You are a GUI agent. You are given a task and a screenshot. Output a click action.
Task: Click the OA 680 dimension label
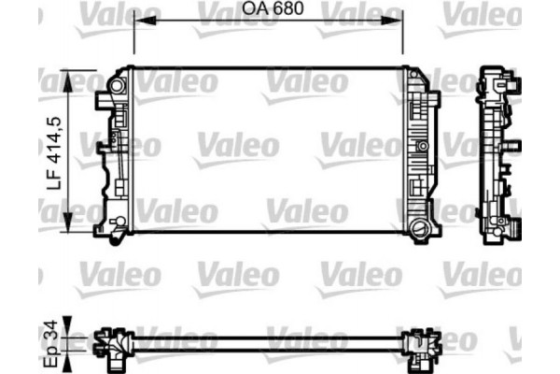click(268, 10)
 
